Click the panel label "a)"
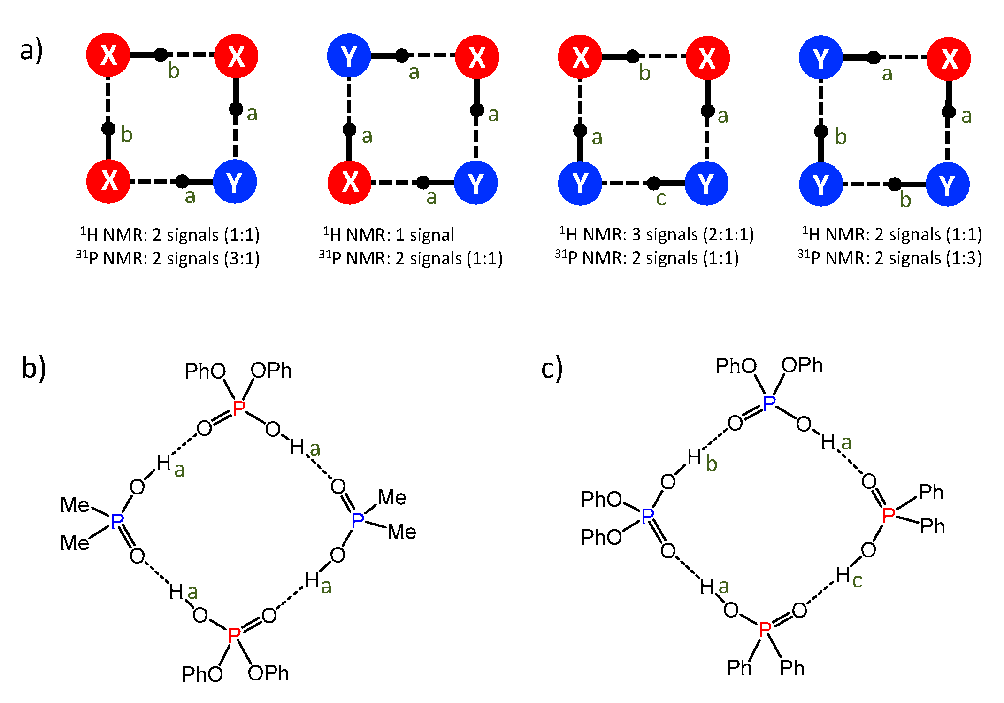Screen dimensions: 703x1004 click(x=31, y=51)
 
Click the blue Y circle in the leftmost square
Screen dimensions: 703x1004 click(x=235, y=182)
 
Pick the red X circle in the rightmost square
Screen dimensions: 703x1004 click(x=949, y=59)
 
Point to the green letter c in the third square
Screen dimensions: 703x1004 click(x=661, y=199)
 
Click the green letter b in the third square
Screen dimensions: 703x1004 click(x=645, y=73)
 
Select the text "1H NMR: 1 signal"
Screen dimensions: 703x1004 click(x=389, y=234)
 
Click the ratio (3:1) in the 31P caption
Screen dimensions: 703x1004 click(x=242, y=258)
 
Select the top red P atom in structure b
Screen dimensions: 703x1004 click(x=238, y=408)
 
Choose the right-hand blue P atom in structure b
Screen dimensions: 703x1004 click(x=358, y=520)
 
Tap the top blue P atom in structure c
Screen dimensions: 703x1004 click(x=769, y=403)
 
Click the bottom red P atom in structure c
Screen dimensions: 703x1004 click(x=765, y=629)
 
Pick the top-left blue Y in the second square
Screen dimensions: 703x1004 click(x=349, y=57)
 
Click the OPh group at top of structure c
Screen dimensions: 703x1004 click(x=802, y=365)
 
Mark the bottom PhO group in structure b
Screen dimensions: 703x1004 click(x=202, y=674)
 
